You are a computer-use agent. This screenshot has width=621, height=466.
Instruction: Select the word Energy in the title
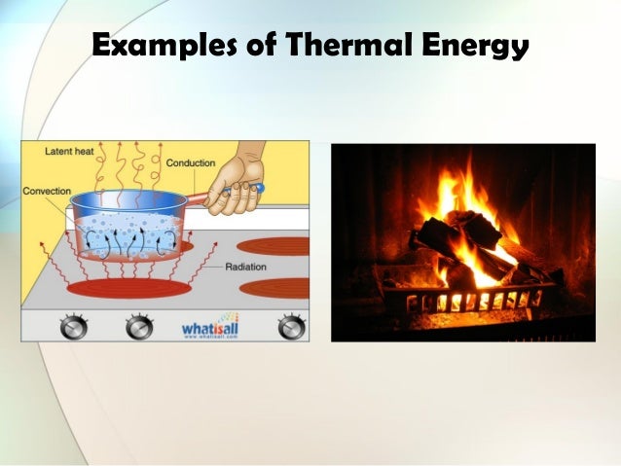point(475,46)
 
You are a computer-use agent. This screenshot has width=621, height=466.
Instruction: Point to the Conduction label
point(191,162)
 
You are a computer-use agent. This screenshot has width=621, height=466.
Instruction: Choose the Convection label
point(47,191)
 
